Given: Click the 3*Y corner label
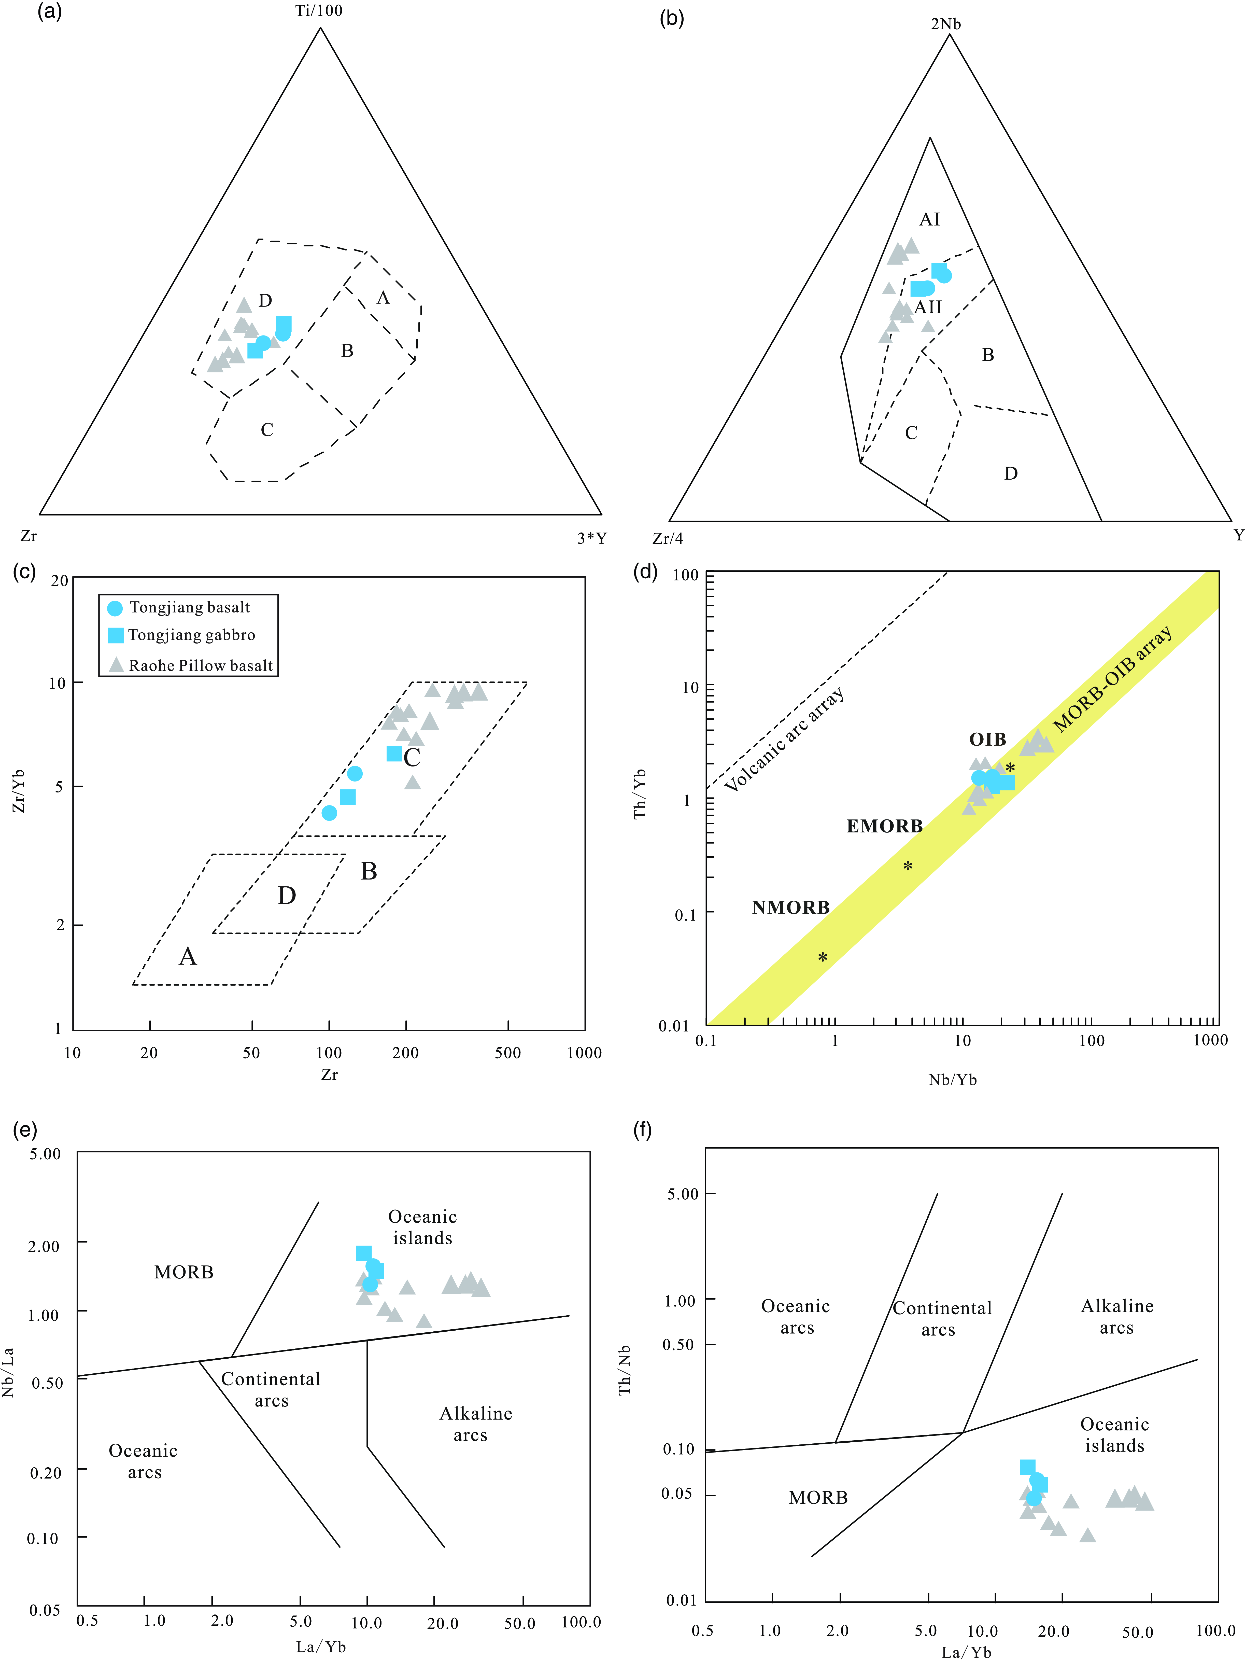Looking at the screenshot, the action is (x=592, y=538).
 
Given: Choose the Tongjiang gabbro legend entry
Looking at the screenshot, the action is (x=181, y=635).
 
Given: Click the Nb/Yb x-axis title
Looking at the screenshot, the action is (x=953, y=1080).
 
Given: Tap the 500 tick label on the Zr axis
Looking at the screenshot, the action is (x=508, y=1052).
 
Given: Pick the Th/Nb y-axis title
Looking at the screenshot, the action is (x=624, y=1370).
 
